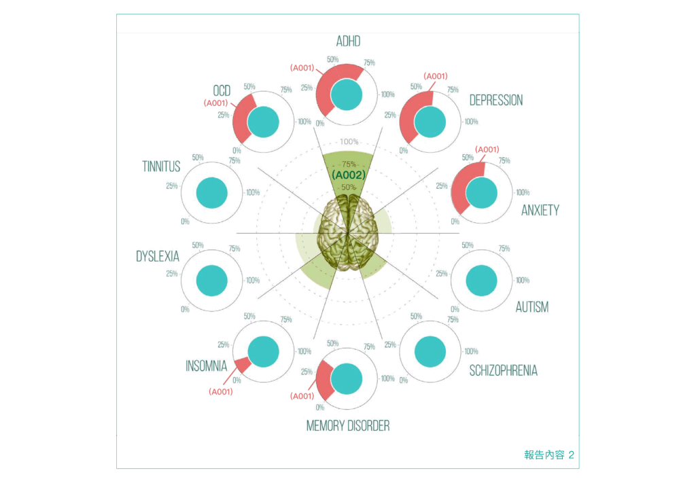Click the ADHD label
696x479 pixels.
click(x=348, y=41)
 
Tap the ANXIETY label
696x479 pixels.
click(x=540, y=210)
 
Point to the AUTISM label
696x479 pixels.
click(x=532, y=307)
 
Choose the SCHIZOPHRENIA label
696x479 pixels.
click(x=503, y=370)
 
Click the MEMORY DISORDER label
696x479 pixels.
click(x=348, y=426)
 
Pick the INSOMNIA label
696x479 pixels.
click(x=206, y=366)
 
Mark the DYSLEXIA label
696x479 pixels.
click(x=158, y=256)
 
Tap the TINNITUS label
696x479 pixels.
click(x=161, y=166)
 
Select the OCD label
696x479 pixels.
click(x=222, y=90)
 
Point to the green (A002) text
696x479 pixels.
click(x=349, y=175)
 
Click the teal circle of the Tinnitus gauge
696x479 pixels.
click(x=211, y=193)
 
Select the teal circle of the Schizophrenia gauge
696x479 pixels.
click(x=430, y=351)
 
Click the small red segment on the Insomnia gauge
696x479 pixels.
click(x=242, y=363)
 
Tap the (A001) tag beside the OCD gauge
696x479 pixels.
click(x=215, y=103)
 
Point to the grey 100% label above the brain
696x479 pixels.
click(x=349, y=141)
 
